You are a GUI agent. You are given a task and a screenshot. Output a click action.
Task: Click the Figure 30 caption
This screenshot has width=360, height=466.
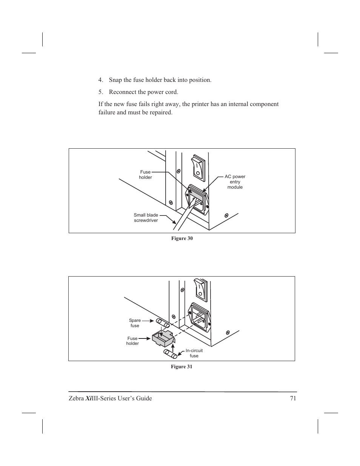coord(182,238)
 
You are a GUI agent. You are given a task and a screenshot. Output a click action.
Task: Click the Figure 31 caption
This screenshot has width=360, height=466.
coord(182,367)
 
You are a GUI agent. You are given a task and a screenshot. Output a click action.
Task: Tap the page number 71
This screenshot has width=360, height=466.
coord(293,398)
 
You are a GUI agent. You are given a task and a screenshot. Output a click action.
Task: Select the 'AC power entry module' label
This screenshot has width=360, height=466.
coord(235,182)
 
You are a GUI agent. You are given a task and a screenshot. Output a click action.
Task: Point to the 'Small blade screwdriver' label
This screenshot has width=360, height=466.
coord(146,218)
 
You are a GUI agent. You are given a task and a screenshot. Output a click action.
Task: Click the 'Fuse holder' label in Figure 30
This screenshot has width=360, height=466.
coord(145,175)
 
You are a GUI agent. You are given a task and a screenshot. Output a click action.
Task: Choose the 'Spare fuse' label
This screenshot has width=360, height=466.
coord(135,323)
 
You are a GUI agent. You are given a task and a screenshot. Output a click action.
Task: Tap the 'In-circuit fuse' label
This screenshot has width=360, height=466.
coord(194,353)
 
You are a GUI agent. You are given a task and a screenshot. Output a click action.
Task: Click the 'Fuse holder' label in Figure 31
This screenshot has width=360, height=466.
coord(132,341)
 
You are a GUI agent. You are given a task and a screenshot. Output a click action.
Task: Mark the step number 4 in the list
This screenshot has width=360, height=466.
coord(100,80)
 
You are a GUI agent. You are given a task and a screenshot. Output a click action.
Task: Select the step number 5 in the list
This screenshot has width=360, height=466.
coord(100,92)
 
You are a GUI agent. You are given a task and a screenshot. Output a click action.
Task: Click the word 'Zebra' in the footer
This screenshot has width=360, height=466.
coord(76,398)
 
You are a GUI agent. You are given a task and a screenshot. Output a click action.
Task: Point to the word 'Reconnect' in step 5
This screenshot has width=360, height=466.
coord(123,92)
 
